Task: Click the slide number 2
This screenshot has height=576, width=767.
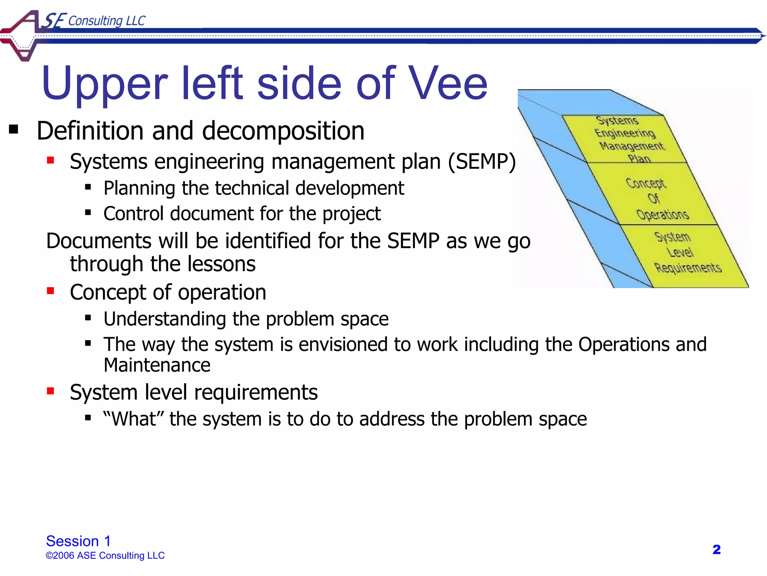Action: pos(716,549)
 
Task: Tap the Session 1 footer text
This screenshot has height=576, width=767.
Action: pos(78,541)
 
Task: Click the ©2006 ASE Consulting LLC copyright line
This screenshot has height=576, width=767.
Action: pos(105,555)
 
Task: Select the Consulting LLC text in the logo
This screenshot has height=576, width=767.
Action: pos(107,21)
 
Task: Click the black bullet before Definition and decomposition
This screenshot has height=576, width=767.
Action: pos(13,130)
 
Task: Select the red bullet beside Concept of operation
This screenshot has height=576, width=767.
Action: pos(51,291)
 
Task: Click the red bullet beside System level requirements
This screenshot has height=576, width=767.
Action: pos(51,391)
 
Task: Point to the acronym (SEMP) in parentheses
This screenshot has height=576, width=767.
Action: pos(482,162)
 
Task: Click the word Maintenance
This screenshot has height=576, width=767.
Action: pos(157,365)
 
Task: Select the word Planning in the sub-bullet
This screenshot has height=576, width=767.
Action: pos(139,188)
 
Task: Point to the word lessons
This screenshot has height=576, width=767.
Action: pos(221,264)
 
